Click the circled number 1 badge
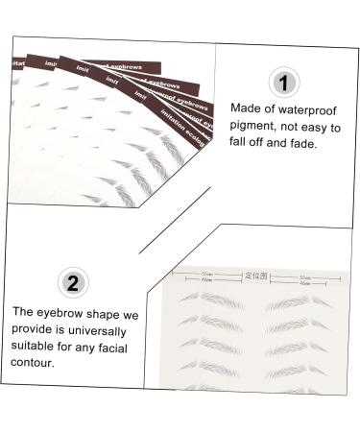[x=284, y=82]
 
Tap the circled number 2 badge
[x=71, y=282]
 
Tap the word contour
[x=36, y=364]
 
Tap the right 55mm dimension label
[x=306, y=274]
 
